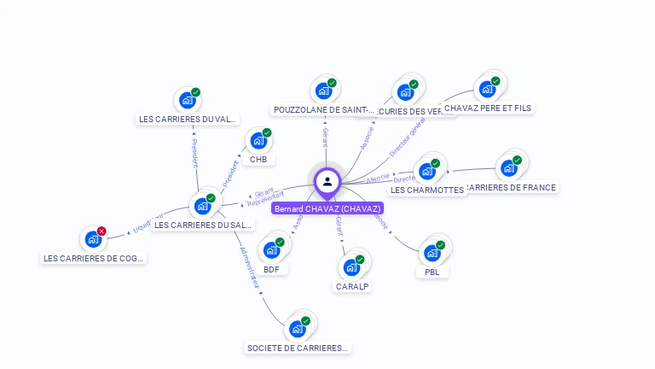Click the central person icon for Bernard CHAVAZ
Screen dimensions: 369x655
click(327, 181)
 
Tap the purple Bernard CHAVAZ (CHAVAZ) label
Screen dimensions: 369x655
click(327, 208)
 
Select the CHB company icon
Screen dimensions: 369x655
click(257, 142)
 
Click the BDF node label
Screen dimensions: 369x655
click(271, 269)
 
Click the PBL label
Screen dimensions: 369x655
click(432, 272)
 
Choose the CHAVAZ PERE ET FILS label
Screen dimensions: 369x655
click(487, 108)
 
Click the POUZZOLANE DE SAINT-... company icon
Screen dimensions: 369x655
click(322, 91)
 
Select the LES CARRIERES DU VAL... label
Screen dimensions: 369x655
click(188, 120)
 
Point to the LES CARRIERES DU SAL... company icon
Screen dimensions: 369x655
click(202, 206)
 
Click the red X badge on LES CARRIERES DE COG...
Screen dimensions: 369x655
click(101, 231)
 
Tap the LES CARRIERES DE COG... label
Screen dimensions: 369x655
click(95, 258)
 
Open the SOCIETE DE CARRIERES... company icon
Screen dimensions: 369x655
click(297, 329)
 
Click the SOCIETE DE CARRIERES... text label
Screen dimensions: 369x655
click(298, 348)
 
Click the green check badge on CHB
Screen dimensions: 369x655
click(267, 132)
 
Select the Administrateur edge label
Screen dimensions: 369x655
click(250, 270)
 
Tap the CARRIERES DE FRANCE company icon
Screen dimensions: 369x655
click(508, 167)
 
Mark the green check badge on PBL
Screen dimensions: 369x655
click(443, 243)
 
